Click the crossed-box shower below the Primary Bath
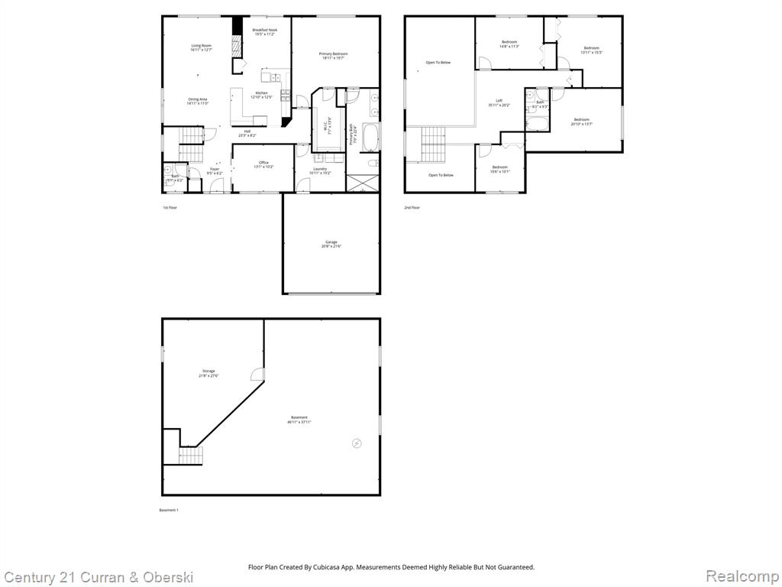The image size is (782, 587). [362, 183]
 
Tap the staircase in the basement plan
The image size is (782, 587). [192, 456]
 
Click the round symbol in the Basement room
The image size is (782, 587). [357, 443]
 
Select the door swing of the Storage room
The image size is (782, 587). [258, 375]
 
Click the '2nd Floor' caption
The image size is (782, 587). [412, 207]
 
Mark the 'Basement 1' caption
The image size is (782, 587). [168, 510]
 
